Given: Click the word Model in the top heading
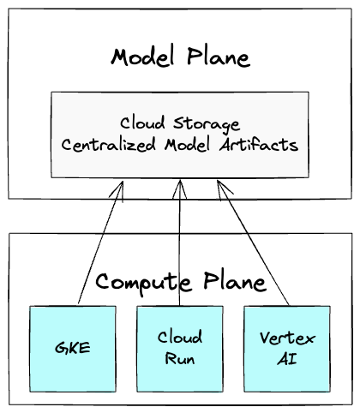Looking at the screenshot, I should (x=141, y=58).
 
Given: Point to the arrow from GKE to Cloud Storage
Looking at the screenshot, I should (x=99, y=244).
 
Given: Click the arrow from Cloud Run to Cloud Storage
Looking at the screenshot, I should (x=180, y=244).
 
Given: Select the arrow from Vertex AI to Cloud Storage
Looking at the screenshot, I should (x=255, y=244).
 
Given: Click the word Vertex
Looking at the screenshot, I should (x=287, y=338).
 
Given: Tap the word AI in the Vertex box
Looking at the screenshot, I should (x=287, y=358).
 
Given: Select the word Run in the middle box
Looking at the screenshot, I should (x=180, y=358).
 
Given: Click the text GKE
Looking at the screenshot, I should (x=72, y=349).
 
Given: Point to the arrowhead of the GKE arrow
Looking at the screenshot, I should (x=122, y=184).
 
